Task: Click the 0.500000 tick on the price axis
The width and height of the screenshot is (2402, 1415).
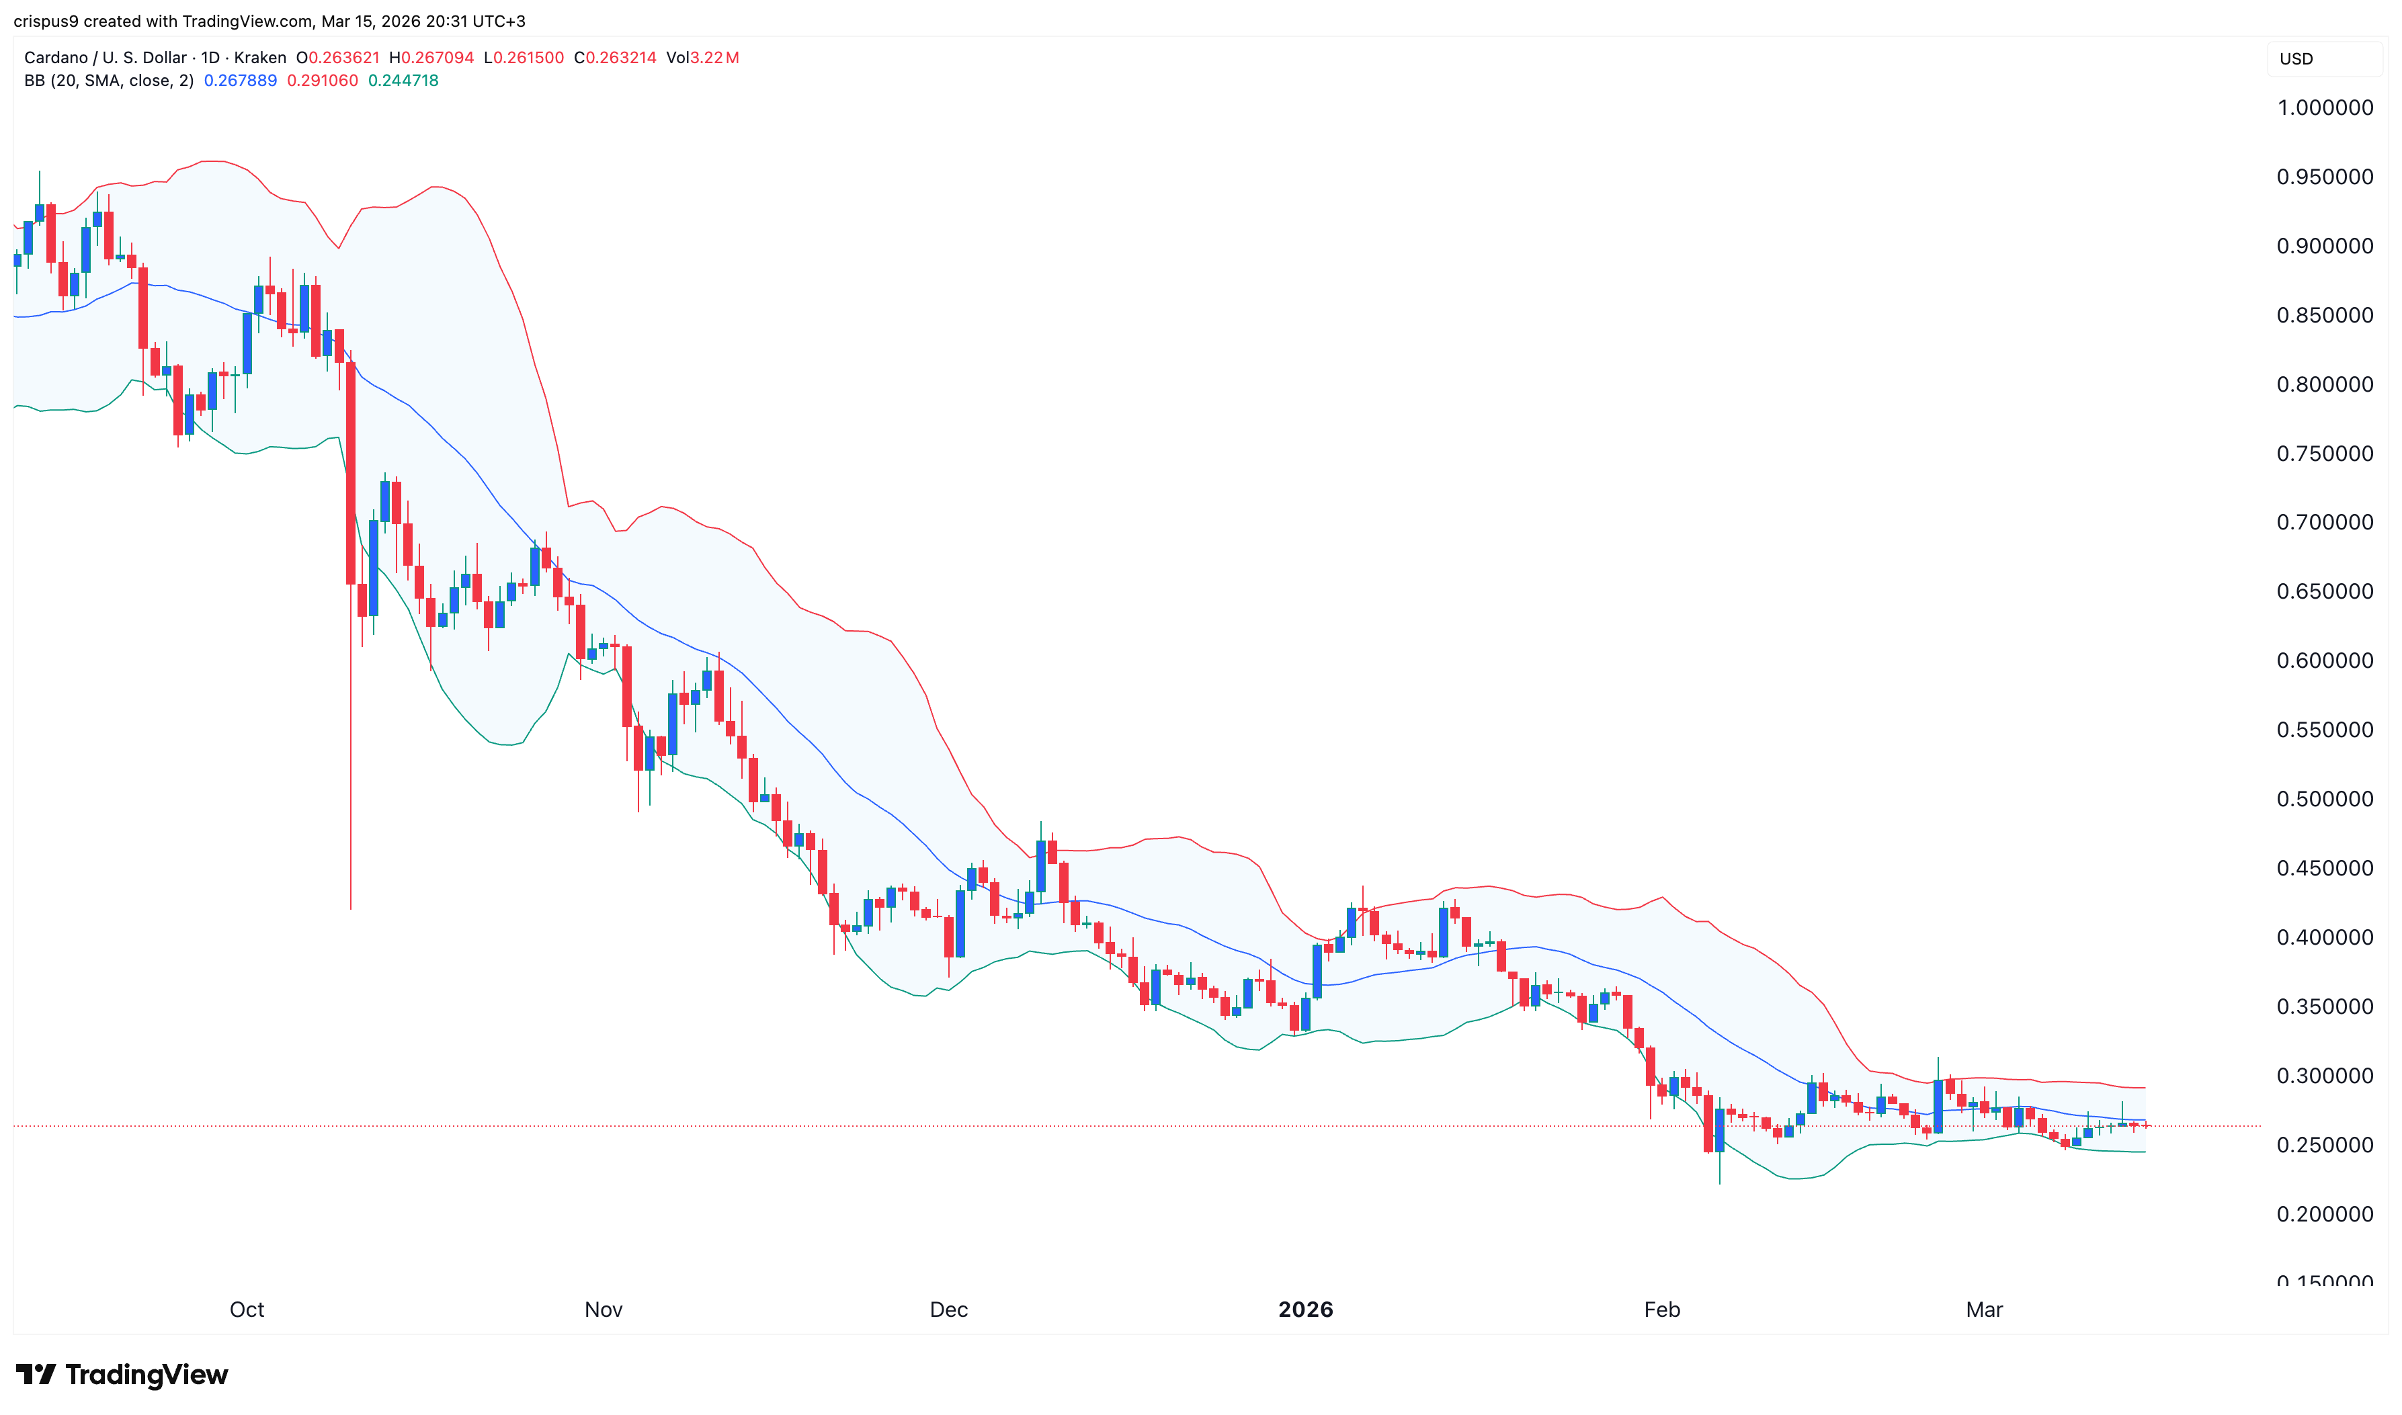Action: pos(2324,799)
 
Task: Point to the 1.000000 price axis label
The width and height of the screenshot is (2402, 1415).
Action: pos(2324,108)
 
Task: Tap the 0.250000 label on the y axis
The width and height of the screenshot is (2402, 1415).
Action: pos(2324,1145)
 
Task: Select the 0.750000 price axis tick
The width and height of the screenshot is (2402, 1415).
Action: pos(2324,454)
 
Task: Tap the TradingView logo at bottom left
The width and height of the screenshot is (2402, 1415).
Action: pos(122,1374)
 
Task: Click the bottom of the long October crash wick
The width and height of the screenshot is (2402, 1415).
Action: pos(351,907)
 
